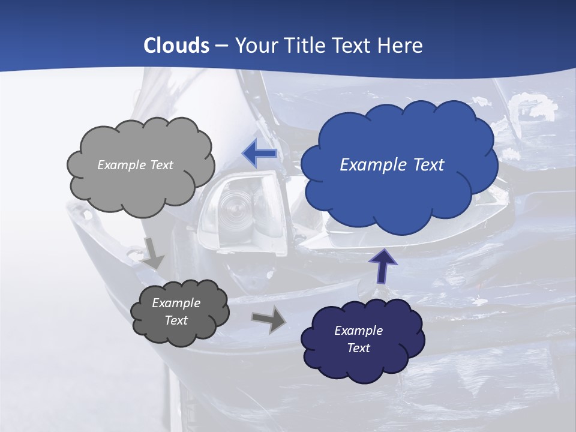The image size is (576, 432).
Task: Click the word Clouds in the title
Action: (x=176, y=46)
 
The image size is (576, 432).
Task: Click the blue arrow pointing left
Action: (x=260, y=153)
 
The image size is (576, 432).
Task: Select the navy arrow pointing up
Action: (x=382, y=266)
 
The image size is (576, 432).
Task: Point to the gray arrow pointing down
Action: (x=152, y=253)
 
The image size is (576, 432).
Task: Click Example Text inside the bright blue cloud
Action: (x=392, y=164)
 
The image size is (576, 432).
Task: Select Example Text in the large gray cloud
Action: (x=135, y=165)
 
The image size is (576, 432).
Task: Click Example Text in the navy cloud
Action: (x=358, y=339)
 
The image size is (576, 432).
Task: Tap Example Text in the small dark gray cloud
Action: (x=176, y=311)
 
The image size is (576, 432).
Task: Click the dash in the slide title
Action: (x=221, y=46)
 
